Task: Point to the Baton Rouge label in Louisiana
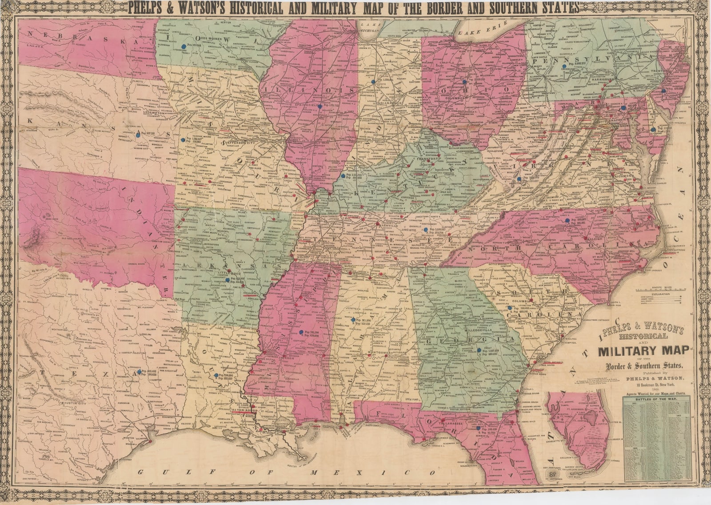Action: pyautogui.click(x=244, y=411)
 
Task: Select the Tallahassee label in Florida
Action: pyautogui.click(x=450, y=423)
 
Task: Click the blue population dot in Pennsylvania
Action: pyautogui.click(x=563, y=65)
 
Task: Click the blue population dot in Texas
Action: pyautogui.click(x=140, y=371)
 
